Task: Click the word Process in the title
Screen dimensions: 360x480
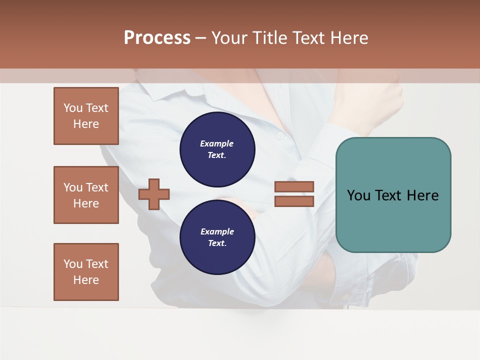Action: pyautogui.click(x=157, y=38)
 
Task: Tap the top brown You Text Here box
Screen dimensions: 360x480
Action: pyautogui.click(x=86, y=116)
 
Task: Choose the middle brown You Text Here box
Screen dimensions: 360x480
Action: pyautogui.click(x=86, y=195)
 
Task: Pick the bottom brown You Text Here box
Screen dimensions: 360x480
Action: pyautogui.click(x=86, y=272)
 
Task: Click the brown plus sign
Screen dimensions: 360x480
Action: pyautogui.click(x=153, y=194)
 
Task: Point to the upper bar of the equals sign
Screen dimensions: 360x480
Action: pyautogui.click(x=294, y=186)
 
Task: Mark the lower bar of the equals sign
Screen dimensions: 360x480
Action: pyautogui.click(x=294, y=201)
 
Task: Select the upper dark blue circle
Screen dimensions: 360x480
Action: pyautogui.click(x=217, y=149)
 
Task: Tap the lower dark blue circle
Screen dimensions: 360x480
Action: pyautogui.click(x=217, y=237)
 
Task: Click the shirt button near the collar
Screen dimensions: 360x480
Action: pyautogui.click(x=280, y=135)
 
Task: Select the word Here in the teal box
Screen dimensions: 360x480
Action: pyautogui.click(x=422, y=195)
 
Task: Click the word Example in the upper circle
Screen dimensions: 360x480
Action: pyautogui.click(x=217, y=143)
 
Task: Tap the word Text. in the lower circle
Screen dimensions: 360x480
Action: pyautogui.click(x=217, y=243)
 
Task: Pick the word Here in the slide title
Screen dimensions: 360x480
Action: pyautogui.click(x=349, y=38)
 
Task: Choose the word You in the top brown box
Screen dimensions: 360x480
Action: pyautogui.click(x=73, y=108)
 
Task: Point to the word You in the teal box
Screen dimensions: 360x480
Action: pyautogui.click(x=358, y=195)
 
